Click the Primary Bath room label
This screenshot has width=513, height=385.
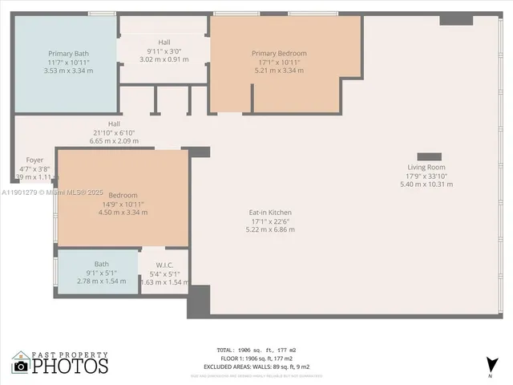click(67, 54)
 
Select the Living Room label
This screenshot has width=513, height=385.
click(426, 167)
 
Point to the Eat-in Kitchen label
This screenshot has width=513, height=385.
click(269, 213)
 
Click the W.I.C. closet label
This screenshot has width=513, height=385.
click(164, 264)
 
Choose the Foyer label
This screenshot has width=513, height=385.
click(34, 160)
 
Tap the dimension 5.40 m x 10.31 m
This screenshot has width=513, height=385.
click(426, 184)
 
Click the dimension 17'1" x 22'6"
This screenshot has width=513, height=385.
click(269, 221)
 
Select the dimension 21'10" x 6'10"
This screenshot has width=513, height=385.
click(114, 132)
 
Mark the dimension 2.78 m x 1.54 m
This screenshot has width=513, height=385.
click(101, 282)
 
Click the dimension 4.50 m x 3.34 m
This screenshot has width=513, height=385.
click(123, 213)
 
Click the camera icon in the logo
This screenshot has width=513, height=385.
click(21, 366)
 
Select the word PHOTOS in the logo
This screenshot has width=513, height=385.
click(71, 366)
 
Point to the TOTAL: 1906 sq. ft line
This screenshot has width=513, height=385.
click(256, 351)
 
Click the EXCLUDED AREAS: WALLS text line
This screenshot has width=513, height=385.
click(256, 367)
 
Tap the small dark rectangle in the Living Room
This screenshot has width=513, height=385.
click(429, 156)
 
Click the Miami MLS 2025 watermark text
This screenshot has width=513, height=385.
click(53, 192)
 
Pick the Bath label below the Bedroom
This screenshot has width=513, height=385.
click(101, 264)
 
